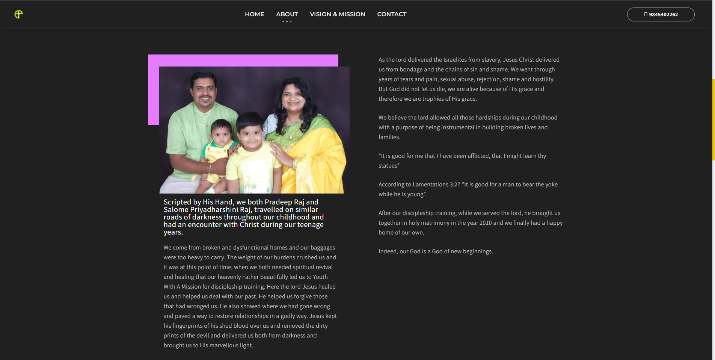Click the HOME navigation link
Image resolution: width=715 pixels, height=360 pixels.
(254, 14)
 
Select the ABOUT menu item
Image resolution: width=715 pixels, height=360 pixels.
(287, 14)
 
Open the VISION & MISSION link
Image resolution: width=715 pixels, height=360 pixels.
(337, 14)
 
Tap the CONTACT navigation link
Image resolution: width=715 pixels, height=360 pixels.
(392, 14)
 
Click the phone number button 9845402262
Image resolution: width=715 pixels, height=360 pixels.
(661, 15)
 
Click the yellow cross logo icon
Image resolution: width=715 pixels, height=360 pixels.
(18, 14)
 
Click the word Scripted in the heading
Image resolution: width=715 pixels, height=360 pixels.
(177, 202)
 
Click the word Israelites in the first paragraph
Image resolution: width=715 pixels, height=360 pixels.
(455, 60)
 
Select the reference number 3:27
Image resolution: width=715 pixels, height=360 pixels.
(455, 185)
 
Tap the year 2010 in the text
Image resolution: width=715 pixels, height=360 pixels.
(485, 223)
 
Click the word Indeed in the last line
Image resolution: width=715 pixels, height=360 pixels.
(388, 251)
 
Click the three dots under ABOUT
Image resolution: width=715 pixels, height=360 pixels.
(287, 21)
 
